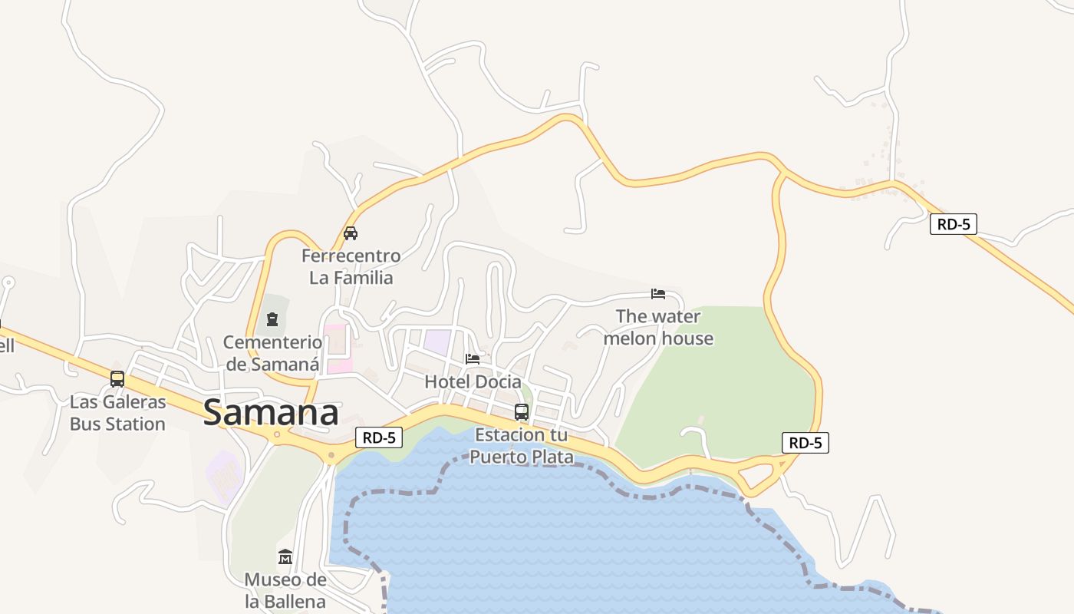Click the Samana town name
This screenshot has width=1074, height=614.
pos(271,413)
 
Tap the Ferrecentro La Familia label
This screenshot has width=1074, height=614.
pos(351,266)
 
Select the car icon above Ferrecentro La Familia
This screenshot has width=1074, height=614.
pos(351,233)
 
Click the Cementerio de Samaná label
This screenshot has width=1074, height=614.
pos(272,353)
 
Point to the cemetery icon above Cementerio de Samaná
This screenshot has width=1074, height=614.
pos(272,319)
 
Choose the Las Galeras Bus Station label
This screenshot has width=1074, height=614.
pos(117,413)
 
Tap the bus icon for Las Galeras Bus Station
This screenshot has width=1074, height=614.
pos(117,378)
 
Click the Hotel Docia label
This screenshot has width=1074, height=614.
pos(473,381)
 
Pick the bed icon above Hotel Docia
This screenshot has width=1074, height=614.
pos(473,358)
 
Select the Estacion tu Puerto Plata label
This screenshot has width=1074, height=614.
pos(522,446)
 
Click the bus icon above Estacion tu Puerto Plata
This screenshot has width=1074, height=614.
pos(522,412)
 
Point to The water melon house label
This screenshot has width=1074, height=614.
pos(658,327)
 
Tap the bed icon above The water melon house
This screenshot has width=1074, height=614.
pos(658,294)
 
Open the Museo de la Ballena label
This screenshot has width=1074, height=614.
pos(285,590)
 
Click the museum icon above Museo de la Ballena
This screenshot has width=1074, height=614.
pos(285,556)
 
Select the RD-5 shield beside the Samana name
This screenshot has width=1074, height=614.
pos(379,437)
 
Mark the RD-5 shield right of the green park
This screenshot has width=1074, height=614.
pos(805,443)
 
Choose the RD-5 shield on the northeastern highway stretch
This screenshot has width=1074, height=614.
pos(953,224)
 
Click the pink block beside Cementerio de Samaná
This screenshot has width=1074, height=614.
pos(338,349)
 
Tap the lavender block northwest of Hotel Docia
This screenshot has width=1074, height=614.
pos(437,342)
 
